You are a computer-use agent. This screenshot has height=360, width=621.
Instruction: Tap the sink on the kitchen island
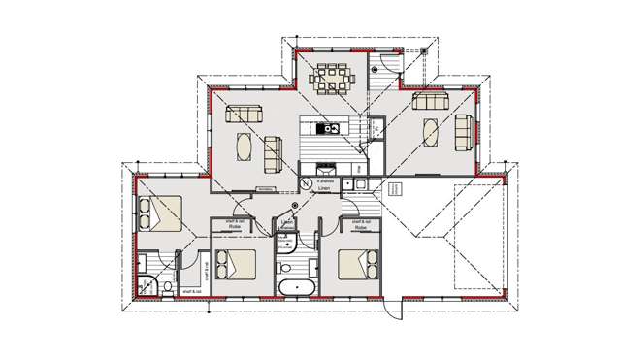pyautogui.click(x=324, y=127)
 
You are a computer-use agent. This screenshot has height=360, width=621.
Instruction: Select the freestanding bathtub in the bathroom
pyautogui.click(x=293, y=288)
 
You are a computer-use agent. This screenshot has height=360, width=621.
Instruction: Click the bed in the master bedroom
pyautogui.click(x=161, y=213)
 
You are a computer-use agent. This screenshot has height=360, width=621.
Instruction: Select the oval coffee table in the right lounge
pyautogui.click(x=430, y=132)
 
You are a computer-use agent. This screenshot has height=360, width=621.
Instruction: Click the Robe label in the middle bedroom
pyautogui.click(x=235, y=225)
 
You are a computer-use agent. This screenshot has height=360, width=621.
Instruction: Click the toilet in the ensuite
pyautogui.click(x=168, y=286)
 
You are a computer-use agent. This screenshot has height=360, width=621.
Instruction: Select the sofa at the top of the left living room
pyautogui.click(x=244, y=115)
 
